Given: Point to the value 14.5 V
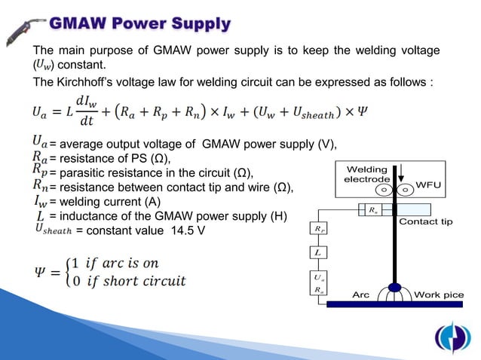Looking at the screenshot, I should click(185, 230).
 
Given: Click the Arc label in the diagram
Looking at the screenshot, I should click(360, 294).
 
